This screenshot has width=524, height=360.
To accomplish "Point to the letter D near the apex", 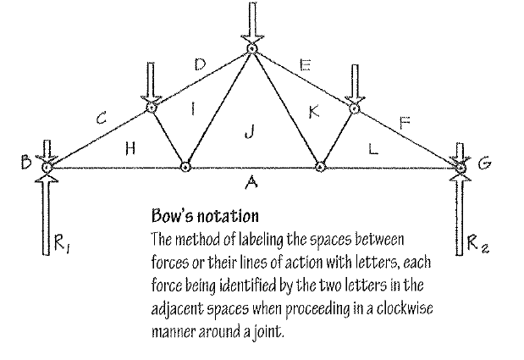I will pos(199,64).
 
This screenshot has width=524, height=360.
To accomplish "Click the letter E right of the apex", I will pos(306,64).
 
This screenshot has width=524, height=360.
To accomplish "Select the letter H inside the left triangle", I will pos(130,147).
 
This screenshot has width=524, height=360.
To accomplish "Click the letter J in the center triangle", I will pos(247,130).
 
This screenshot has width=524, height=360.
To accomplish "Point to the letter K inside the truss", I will pos(312,111).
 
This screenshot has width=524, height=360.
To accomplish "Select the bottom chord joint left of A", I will pos(185,166).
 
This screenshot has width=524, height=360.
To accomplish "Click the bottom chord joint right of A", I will pos(321,166).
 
